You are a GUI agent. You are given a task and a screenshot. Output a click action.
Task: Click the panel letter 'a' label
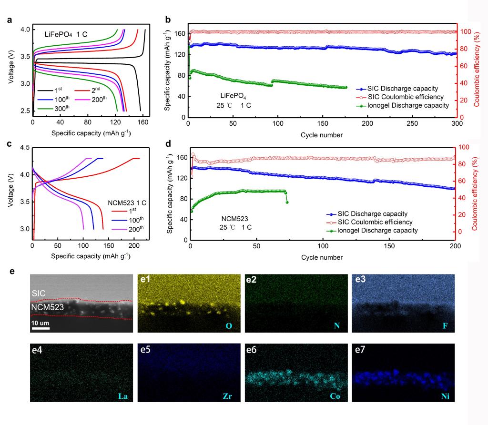(9, 21)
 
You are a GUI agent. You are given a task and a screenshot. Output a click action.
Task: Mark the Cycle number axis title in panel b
(321, 135)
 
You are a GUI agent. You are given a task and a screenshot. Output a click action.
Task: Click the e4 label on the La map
(39, 353)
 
